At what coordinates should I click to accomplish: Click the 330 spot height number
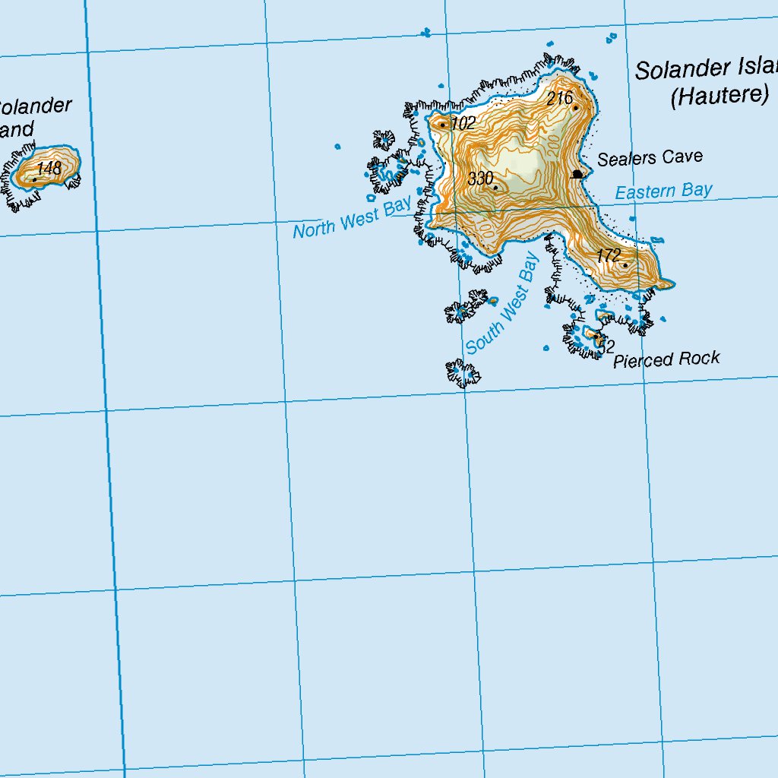pos(480,179)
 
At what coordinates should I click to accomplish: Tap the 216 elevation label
pos(559,98)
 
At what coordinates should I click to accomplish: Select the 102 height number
pos(463,123)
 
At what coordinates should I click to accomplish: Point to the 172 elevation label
pos(609,256)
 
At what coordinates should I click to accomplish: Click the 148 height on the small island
pos(49,169)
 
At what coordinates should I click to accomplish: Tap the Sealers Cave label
pos(650,158)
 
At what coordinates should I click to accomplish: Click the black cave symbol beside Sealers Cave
pos(577,174)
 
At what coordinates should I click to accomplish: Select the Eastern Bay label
pos(663,191)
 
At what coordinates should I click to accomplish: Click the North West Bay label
pos(353,219)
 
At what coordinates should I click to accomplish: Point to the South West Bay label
pos(502,304)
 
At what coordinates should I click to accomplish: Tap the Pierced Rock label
pos(666,359)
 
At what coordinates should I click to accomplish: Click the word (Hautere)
pos(719,96)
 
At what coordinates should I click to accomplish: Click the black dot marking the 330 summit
pos(495,187)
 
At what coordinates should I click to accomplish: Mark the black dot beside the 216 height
pos(576,108)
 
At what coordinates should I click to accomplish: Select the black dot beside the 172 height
pos(625,265)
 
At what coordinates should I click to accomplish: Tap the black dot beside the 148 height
pos(35,179)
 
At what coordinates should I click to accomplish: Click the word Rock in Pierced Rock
pos(699,358)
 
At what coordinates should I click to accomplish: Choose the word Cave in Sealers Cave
pos(682,157)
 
